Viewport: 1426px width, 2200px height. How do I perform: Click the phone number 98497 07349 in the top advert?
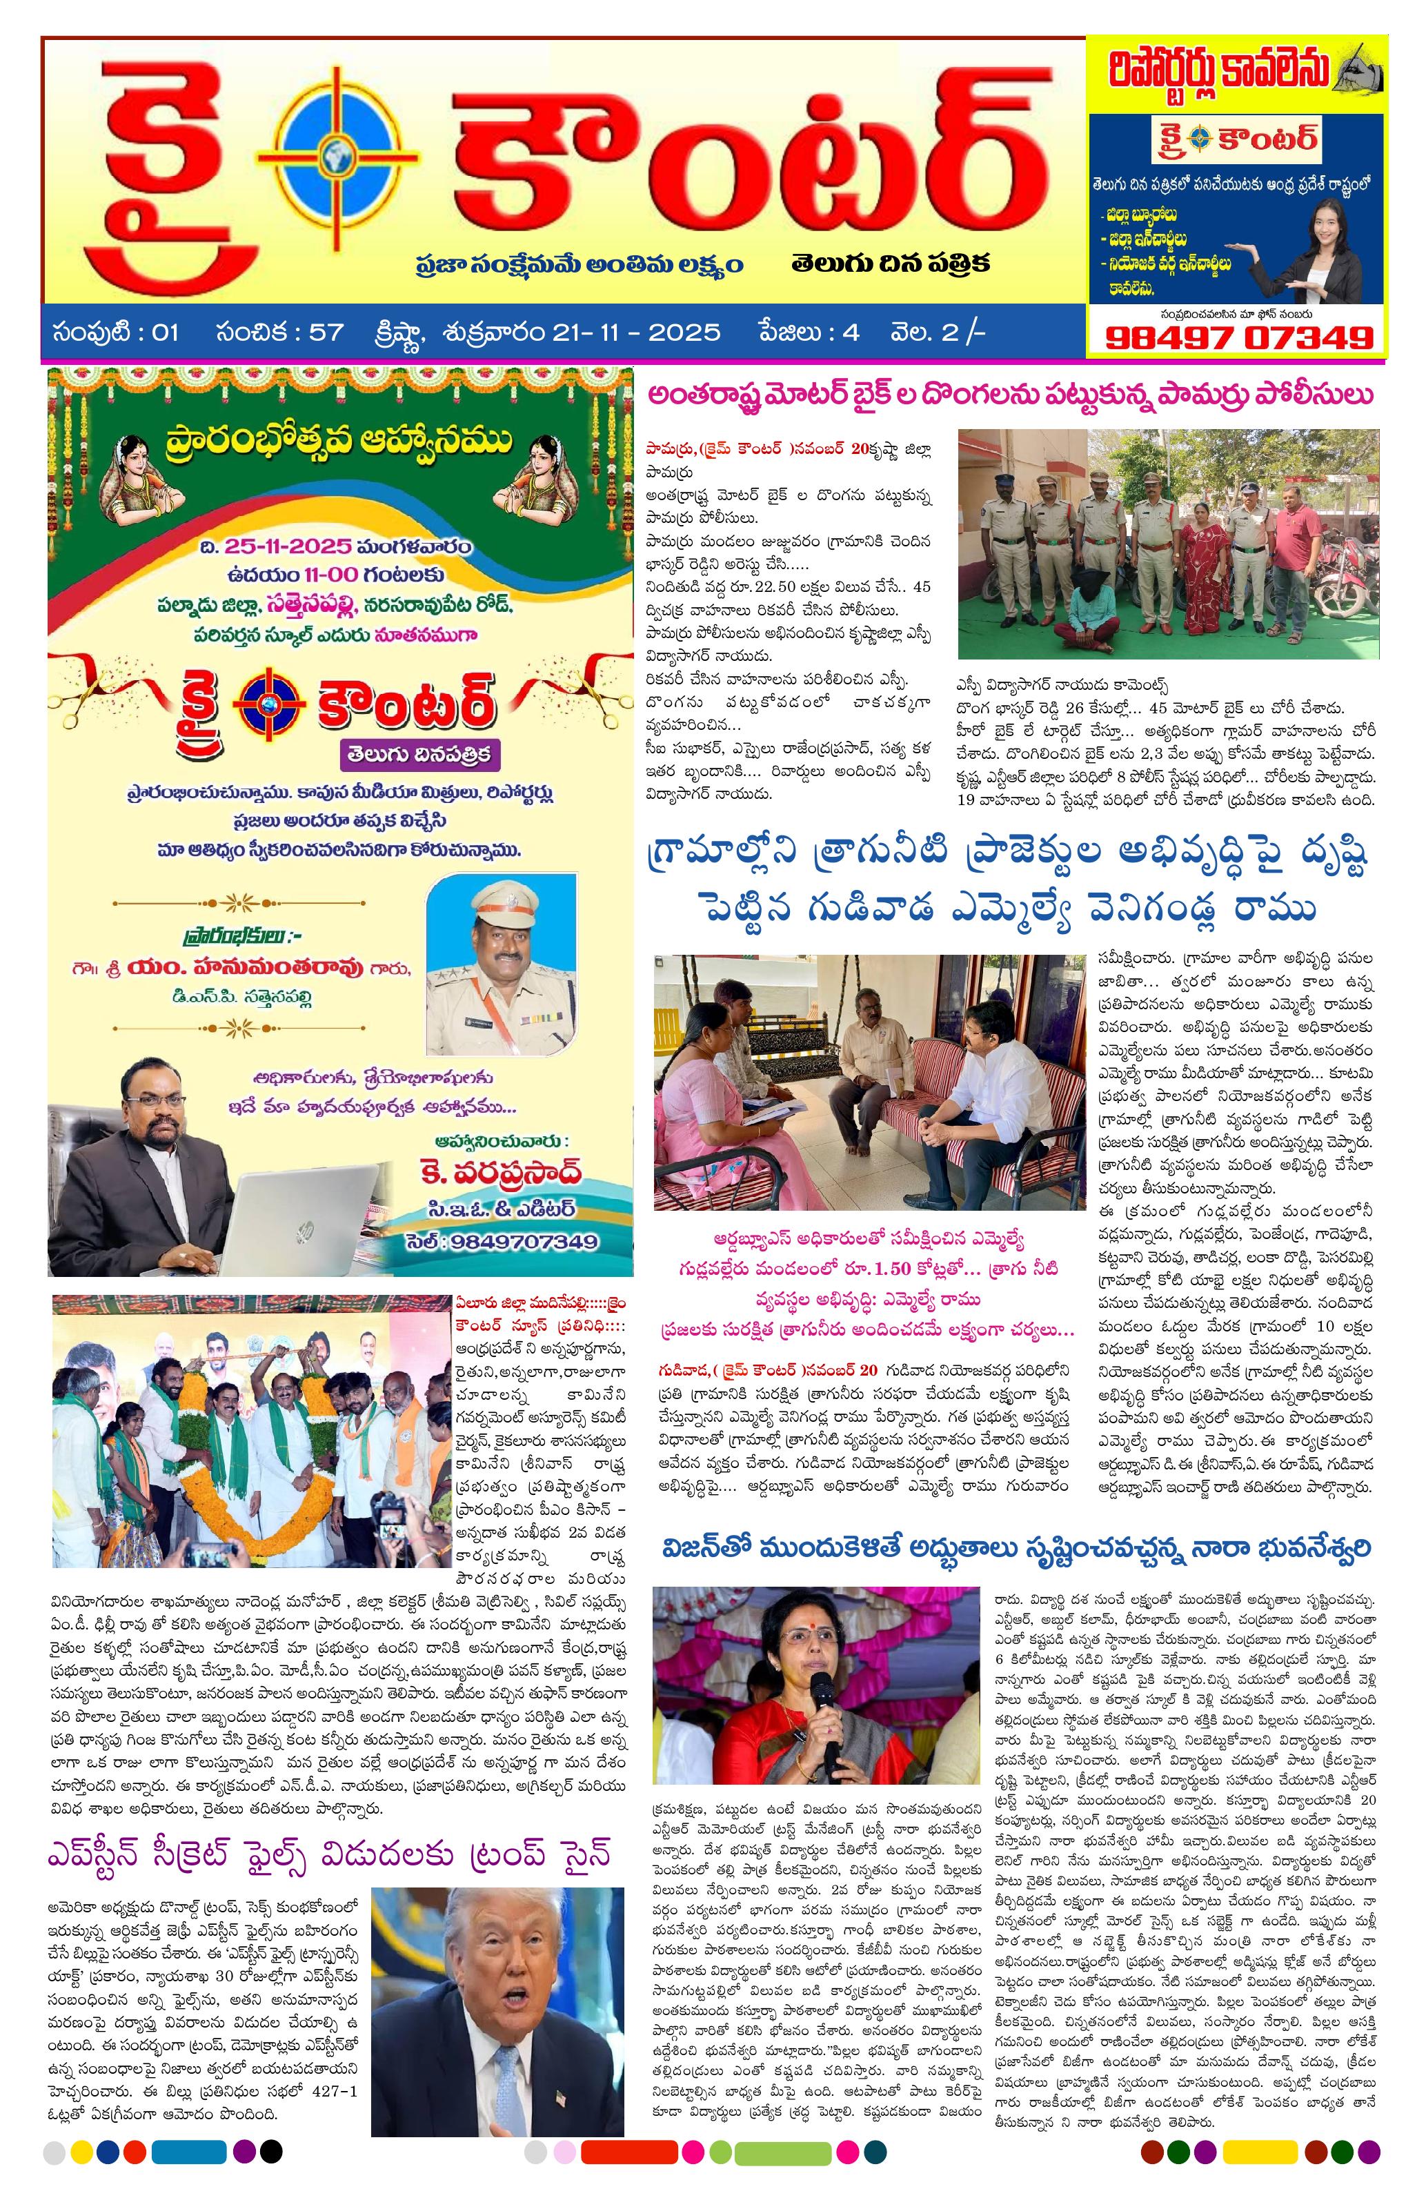[x=1238, y=337]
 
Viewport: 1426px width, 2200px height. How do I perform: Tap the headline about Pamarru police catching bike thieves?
[x=1009, y=395]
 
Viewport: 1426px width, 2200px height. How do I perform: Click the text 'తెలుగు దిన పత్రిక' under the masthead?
[x=890, y=264]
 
